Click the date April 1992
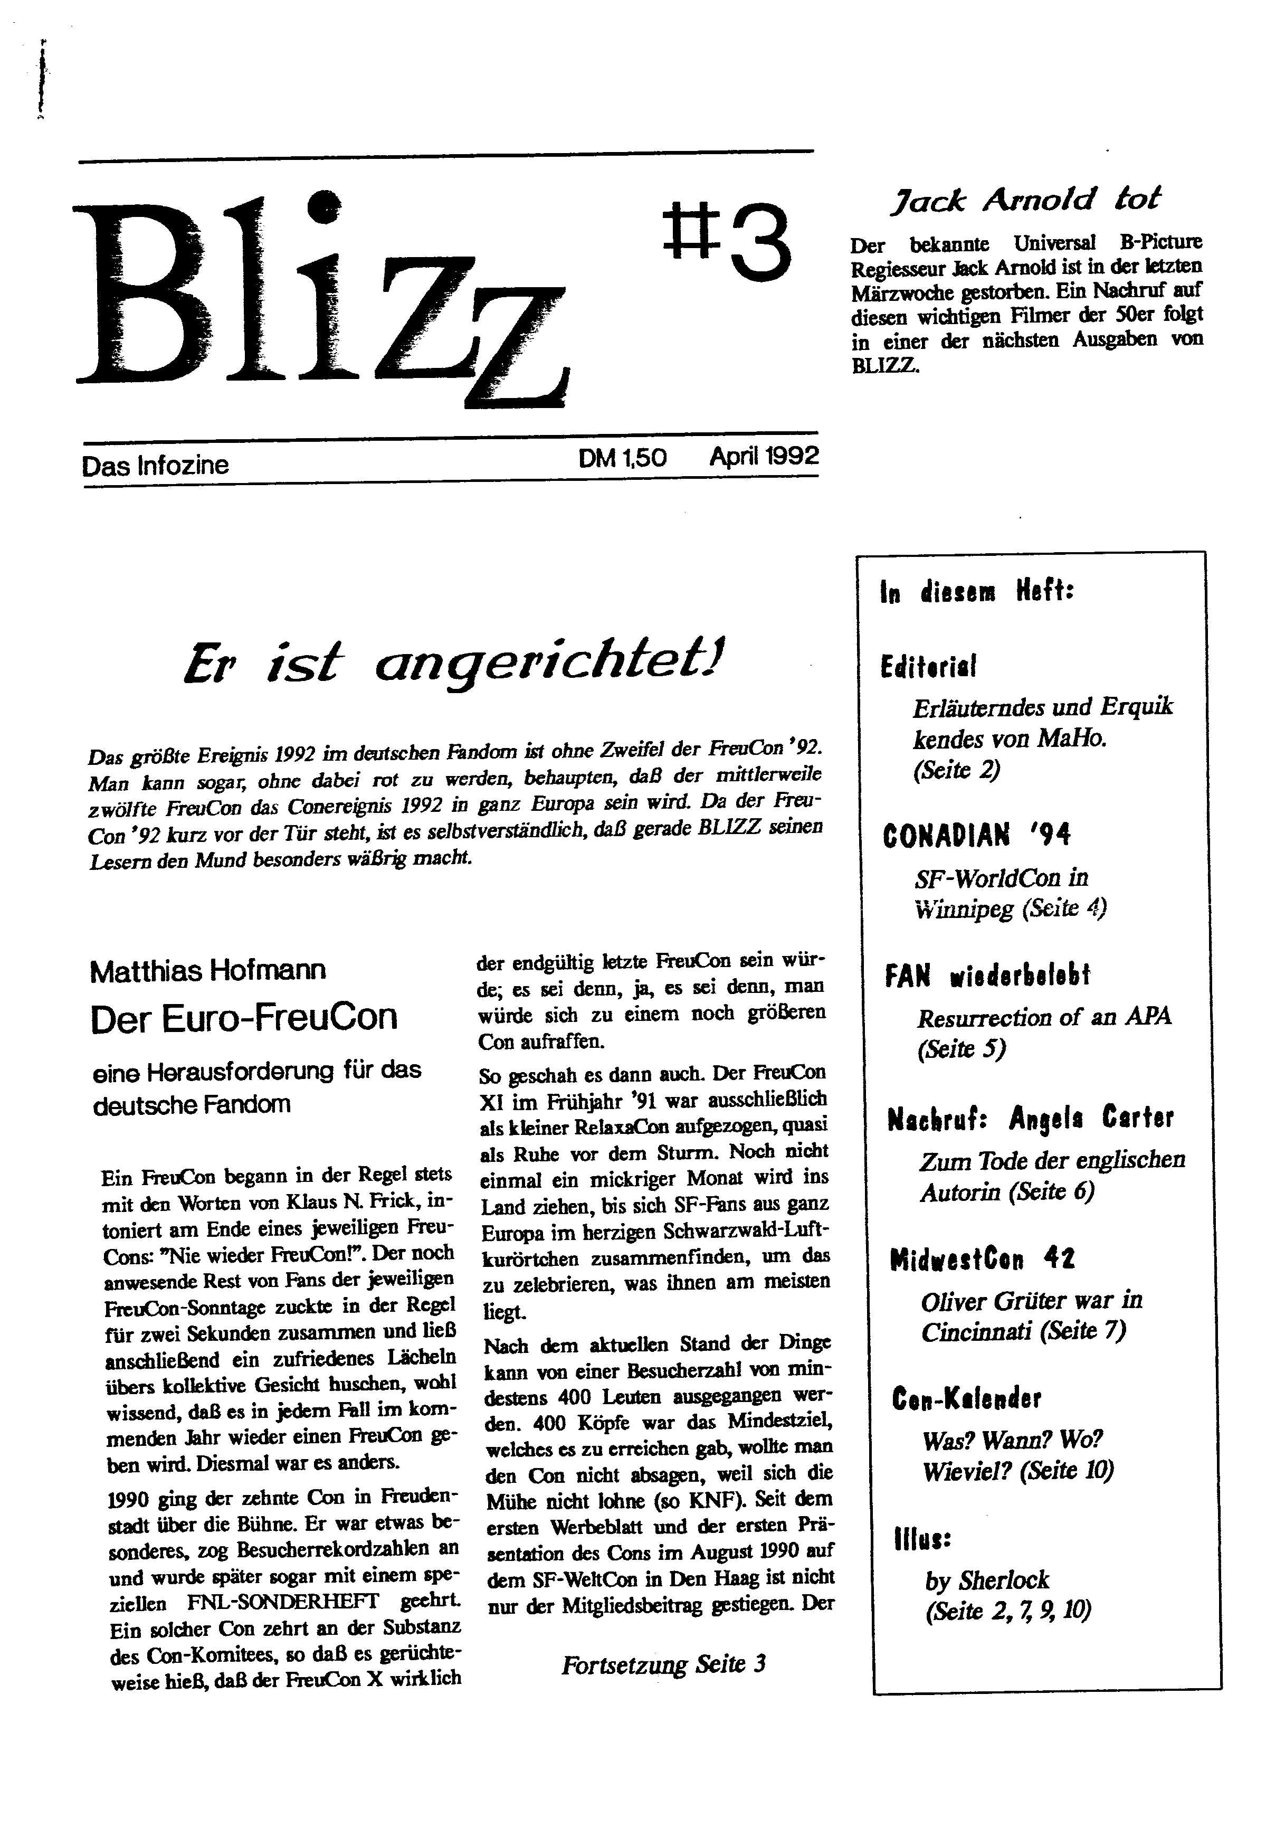(764, 456)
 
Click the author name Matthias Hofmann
(208, 971)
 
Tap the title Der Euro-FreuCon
(243, 1018)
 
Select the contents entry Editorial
(929, 666)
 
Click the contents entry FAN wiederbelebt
(987, 976)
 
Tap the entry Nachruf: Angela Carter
(1031, 1119)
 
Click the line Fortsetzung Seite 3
(663, 1664)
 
